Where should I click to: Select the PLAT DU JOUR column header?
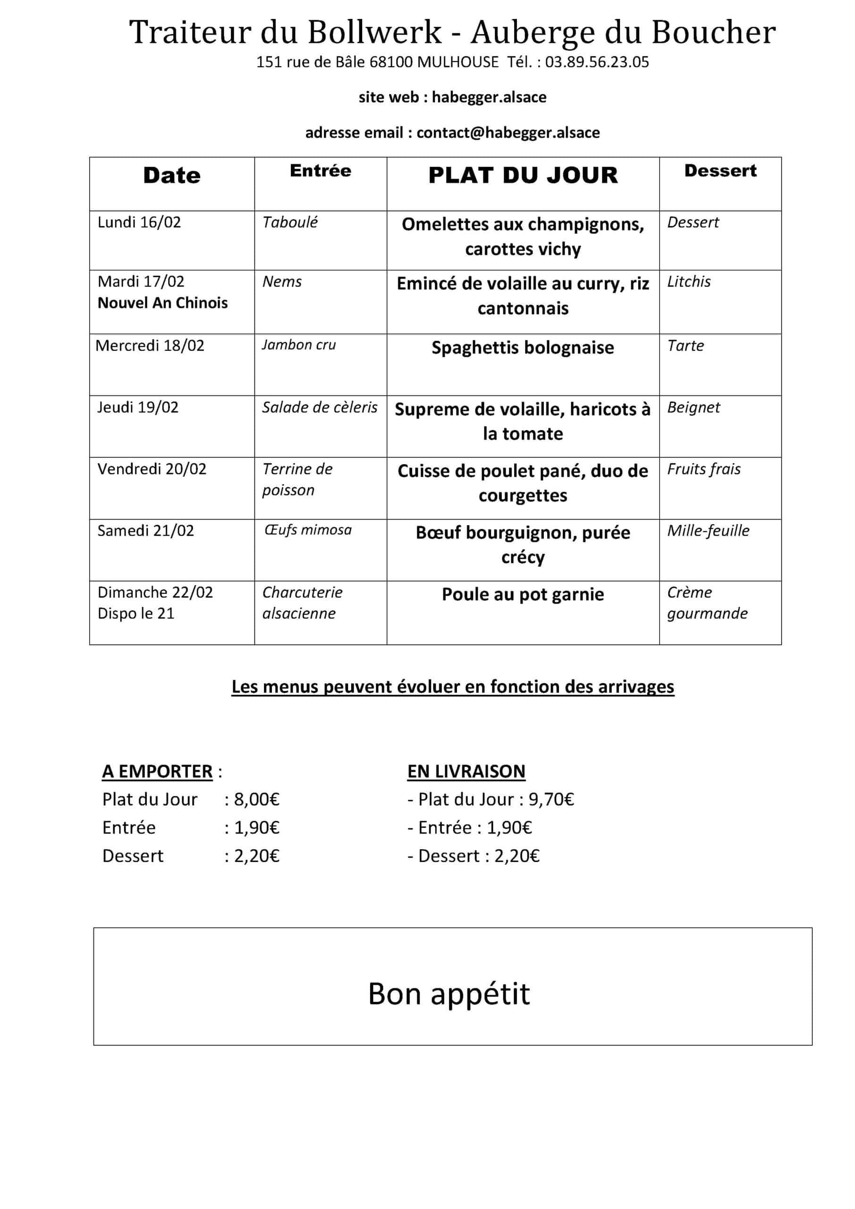523,175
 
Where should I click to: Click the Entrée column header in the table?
320,170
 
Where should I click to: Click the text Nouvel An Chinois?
163,303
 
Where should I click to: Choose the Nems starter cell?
282,282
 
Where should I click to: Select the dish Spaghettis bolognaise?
523,348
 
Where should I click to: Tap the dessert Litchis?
689,282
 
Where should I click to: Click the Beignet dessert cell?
694,407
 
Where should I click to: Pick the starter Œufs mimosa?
308,530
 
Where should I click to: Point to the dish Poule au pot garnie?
523,594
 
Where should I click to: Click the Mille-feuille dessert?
708,530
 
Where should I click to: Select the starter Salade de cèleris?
320,407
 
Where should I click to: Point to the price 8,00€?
256,800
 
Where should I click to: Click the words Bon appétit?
449,994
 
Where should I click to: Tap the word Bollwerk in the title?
374,32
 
